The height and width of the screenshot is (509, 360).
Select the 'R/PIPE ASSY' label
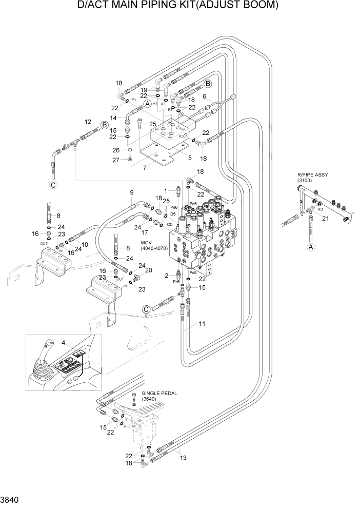coord(312,175)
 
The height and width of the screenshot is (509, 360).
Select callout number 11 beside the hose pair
coord(202,324)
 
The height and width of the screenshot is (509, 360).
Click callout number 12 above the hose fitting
coord(88,122)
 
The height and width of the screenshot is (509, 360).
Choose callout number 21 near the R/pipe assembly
coord(325,219)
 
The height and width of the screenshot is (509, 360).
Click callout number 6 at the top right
coord(204,96)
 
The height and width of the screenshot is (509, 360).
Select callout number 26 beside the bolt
coord(116,150)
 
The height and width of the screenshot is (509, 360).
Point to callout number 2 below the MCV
coord(166,276)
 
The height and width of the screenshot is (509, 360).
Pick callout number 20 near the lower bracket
coord(149,270)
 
